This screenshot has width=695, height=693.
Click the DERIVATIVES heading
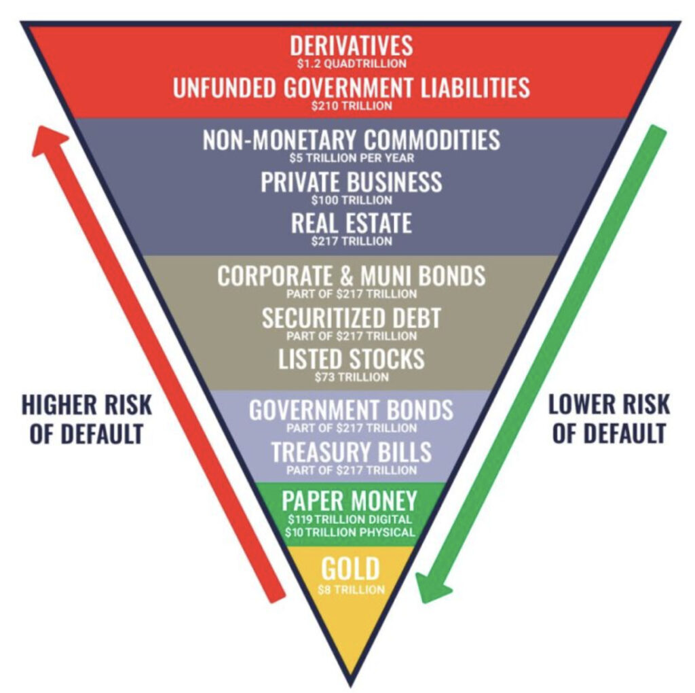pyautogui.click(x=351, y=46)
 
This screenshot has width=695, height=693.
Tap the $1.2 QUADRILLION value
pyautogui.click(x=351, y=64)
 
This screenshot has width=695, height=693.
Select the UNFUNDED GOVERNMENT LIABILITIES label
pyautogui.click(x=351, y=88)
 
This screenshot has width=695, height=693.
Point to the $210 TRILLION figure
pyautogui.click(x=351, y=106)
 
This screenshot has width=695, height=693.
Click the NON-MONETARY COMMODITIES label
pyautogui.click(x=351, y=139)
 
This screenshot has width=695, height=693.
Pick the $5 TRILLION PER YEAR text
pyautogui.click(x=351, y=158)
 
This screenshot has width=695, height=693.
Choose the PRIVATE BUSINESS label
pyautogui.click(x=351, y=181)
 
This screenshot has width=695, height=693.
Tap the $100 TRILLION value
pyautogui.click(x=351, y=200)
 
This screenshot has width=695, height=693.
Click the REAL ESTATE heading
pyautogui.click(x=351, y=223)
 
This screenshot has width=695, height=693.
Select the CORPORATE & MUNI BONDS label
pyautogui.click(x=351, y=276)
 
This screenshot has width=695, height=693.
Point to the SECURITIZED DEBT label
pyautogui.click(x=351, y=317)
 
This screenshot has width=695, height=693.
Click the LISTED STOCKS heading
pyautogui.click(x=351, y=359)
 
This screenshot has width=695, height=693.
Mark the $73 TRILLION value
pyautogui.click(x=351, y=377)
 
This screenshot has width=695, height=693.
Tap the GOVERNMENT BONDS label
pyautogui.click(x=351, y=410)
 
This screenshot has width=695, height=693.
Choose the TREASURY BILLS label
pyautogui.click(x=351, y=452)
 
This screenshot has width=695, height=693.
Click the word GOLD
pyautogui.click(x=350, y=569)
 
